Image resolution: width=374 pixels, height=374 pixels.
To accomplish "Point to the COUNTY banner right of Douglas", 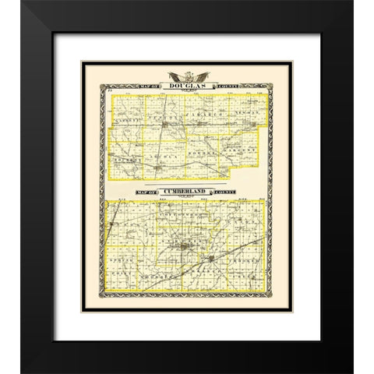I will coord(226,86).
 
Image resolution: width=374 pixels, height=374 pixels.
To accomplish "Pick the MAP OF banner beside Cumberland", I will coord(146,192).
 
